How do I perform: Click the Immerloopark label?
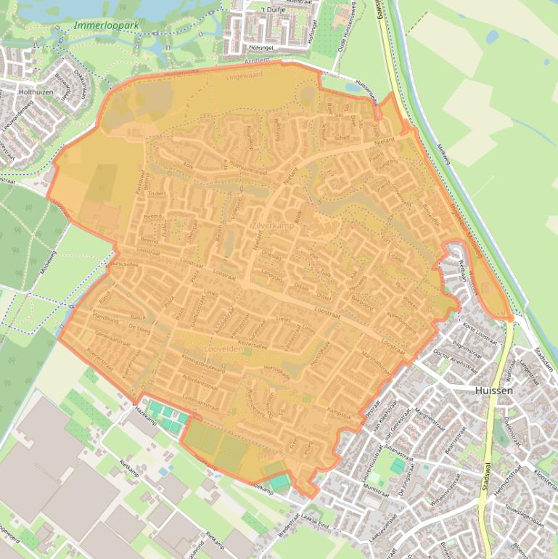tap(106, 25)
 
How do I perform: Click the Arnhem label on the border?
tap(258, 60)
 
